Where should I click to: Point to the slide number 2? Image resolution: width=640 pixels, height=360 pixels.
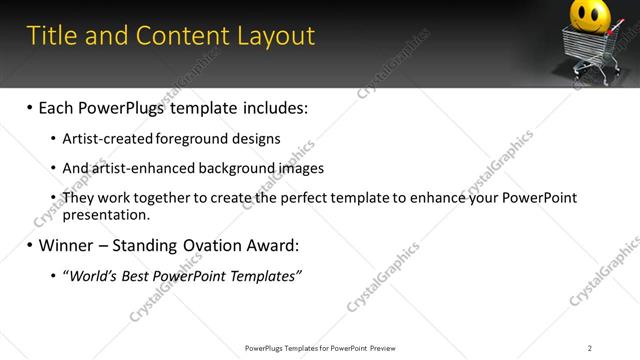[x=590, y=348]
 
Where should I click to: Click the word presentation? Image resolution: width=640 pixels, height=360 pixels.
[x=106, y=214]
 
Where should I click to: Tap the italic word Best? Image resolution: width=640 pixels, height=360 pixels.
[x=139, y=275]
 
